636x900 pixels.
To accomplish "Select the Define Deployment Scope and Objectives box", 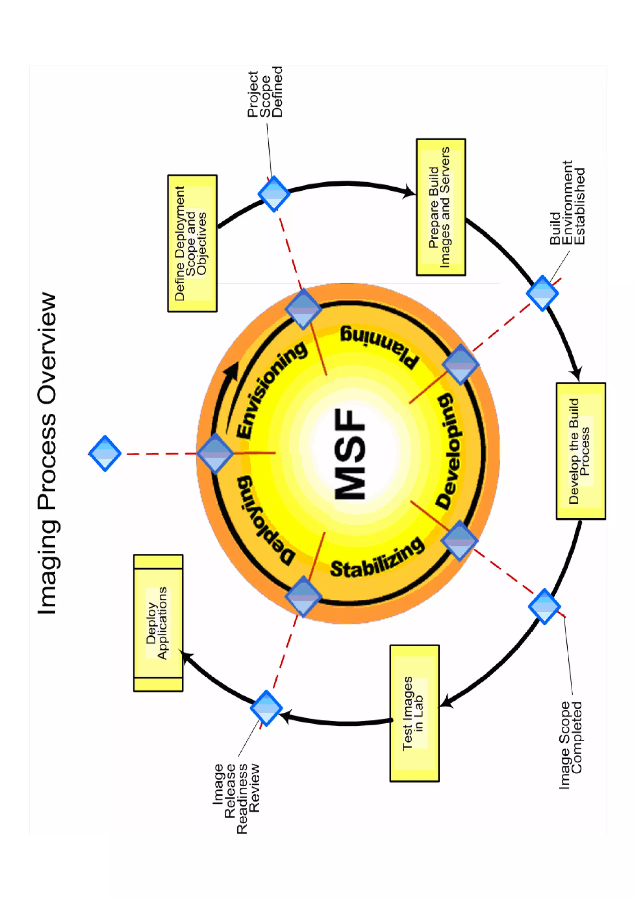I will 192,243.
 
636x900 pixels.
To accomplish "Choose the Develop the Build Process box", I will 580,451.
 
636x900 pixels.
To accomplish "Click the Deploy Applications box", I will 158,623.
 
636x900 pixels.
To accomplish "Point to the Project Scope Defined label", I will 265,93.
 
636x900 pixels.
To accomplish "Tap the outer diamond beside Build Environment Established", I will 542,293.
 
